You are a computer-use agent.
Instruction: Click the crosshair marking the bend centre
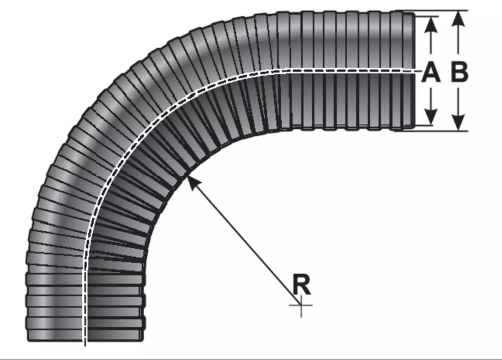pos(301,305)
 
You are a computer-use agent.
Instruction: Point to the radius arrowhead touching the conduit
pos(193,183)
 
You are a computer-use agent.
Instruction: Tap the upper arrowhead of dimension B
pos(459,19)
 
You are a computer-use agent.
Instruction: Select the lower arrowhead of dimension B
pos(459,122)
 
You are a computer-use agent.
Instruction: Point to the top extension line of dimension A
pos(426,16)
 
